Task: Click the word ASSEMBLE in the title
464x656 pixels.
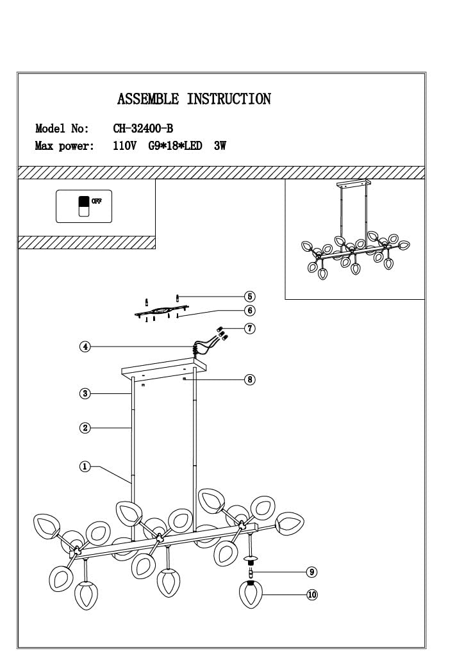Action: click(x=148, y=99)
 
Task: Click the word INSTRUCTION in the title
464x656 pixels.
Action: click(x=229, y=99)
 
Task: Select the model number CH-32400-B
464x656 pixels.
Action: click(x=143, y=128)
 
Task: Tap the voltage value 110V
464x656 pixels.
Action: click(x=125, y=146)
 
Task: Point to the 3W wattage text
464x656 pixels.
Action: click(x=220, y=146)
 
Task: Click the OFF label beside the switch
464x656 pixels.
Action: click(x=97, y=201)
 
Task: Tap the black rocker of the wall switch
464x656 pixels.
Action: click(x=84, y=201)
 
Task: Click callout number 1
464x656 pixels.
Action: click(x=85, y=466)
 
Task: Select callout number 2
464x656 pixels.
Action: click(x=85, y=428)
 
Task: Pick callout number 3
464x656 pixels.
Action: click(x=85, y=393)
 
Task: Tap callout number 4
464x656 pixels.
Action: click(x=85, y=347)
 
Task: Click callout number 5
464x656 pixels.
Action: click(x=250, y=297)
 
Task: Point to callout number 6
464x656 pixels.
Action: click(x=250, y=311)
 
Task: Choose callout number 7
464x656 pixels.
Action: click(x=250, y=329)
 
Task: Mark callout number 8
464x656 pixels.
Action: click(x=250, y=379)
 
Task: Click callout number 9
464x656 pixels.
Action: click(x=311, y=572)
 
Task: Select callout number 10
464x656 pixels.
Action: click(x=312, y=594)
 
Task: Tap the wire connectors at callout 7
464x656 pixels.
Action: click(x=221, y=332)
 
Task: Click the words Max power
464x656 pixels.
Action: click(x=65, y=146)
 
